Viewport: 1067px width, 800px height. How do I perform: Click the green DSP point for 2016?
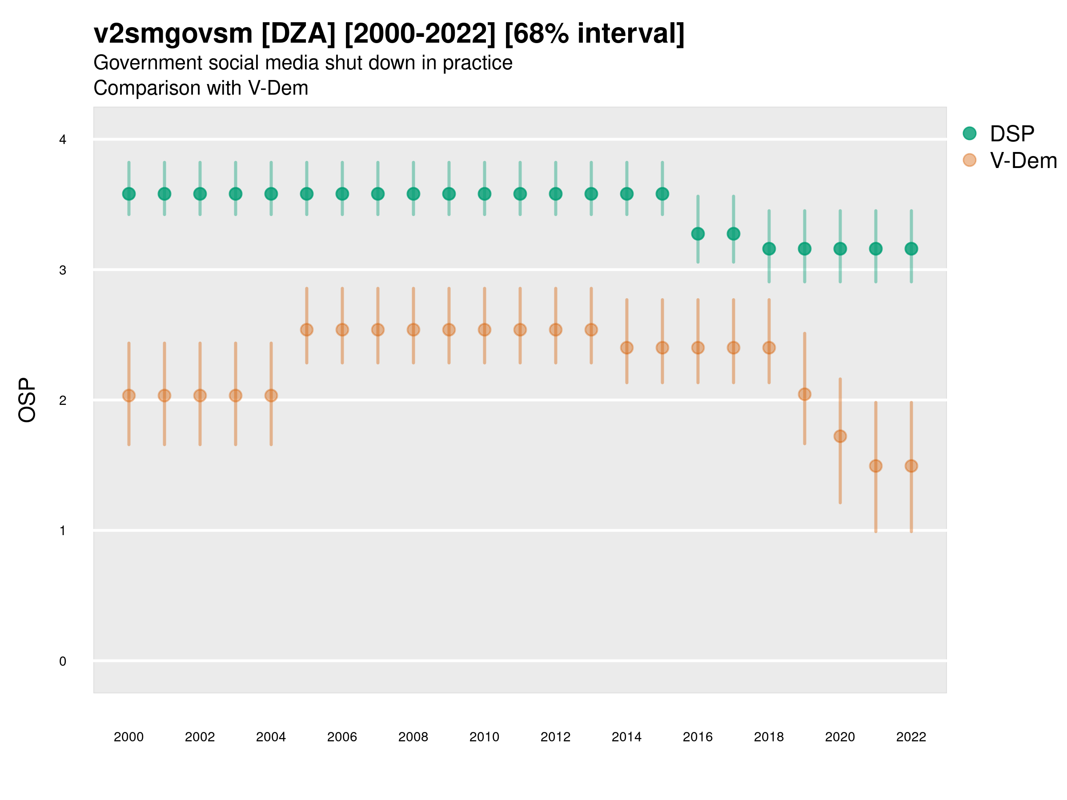point(698,234)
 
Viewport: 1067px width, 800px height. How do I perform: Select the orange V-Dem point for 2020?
point(840,436)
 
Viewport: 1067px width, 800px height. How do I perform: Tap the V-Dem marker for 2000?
point(129,396)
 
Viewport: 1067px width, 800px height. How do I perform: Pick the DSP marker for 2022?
point(911,249)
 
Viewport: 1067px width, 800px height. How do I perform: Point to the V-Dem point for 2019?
point(805,395)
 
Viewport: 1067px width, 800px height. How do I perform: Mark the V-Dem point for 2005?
point(307,330)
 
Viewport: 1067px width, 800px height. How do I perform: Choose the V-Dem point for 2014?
point(626,348)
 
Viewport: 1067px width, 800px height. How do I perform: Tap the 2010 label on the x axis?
point(484,737)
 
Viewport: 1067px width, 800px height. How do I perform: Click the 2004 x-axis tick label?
point(271,737)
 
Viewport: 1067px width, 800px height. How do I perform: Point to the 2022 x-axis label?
point(911,737)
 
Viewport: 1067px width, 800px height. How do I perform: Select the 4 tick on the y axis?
point(63,140)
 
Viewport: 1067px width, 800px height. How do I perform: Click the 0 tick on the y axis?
point(63,661)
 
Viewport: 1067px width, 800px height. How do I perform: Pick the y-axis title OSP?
point(27,400)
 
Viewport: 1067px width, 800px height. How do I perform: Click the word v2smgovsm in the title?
point(172,34)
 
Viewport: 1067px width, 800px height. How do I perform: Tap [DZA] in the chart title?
point(298,34)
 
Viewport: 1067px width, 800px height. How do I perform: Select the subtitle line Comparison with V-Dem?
point(201,88)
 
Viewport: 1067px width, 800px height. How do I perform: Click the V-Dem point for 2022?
point(911,466)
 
